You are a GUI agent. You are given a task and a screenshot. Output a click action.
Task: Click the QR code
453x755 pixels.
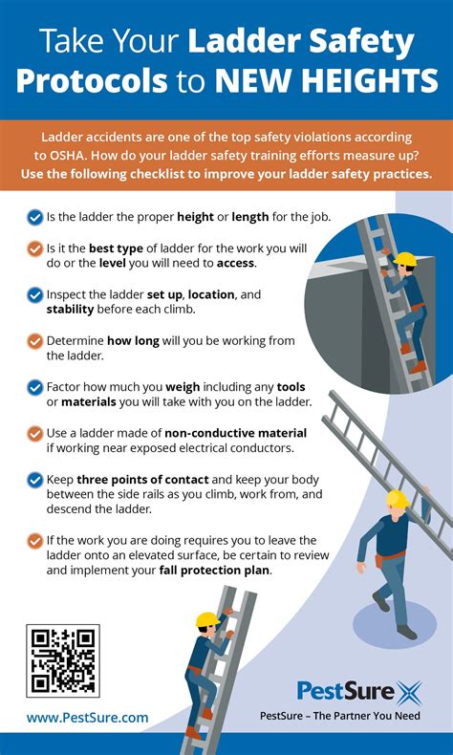click(64, 659)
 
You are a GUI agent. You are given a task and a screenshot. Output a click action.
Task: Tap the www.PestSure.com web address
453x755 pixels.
click(87, 717)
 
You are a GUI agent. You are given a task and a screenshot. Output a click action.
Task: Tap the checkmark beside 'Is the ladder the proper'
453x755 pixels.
click(35, 217)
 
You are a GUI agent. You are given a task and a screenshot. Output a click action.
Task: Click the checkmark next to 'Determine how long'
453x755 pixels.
click(35, 340)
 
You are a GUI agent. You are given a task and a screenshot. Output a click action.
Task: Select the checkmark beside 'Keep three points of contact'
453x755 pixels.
click(35, 479)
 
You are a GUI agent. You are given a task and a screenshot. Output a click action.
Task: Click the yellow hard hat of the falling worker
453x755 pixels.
click(398, 498)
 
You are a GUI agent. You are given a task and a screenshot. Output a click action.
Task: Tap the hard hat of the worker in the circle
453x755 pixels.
click(406, 259)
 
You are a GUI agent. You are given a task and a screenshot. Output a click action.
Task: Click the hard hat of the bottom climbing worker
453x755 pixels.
click(207, 620)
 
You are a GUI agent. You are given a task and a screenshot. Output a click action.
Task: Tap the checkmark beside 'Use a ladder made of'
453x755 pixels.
click(35, 433)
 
